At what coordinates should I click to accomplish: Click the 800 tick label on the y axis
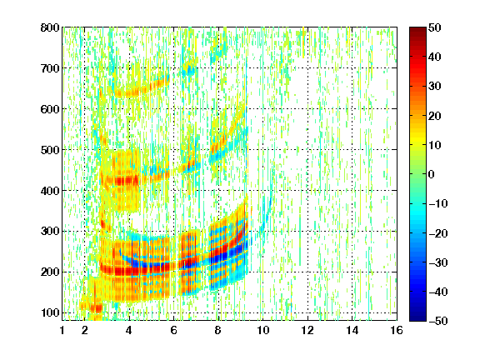click(x=50, y=27)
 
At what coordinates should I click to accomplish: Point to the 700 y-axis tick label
click(x=50, y=68)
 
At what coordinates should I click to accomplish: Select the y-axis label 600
click(x=50, y=109)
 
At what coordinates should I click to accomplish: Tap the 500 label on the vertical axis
click(x=50, y=150)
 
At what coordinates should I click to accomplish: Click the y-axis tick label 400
click(x=50, y=191)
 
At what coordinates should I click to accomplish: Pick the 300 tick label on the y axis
click(x=50, y=232)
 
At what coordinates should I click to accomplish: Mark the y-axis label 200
click(x=50, y=272)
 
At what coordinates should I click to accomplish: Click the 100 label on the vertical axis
click(x=50, y=312)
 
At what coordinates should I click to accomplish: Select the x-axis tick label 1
click(x=62, y=330)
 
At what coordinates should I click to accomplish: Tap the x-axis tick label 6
click(x=173, y=330)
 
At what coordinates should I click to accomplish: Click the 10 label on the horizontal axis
click(x=263, y=330)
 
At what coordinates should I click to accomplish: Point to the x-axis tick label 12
click(x=307, y=330)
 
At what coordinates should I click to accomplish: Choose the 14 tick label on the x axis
click(x=352, y=330)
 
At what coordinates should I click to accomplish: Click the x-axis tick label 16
click(x=397, y=330)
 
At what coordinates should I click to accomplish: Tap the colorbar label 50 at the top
click(x=435, y=27)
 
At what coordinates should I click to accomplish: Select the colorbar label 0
click(x=432, y=174)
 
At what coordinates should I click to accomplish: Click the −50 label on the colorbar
click(x=438, y=321)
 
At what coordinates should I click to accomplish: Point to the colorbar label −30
click(x=438, y=262)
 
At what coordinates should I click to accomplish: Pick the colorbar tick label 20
click(x=435, y=116)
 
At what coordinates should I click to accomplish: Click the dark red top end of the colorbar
click(x=417, y=29)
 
